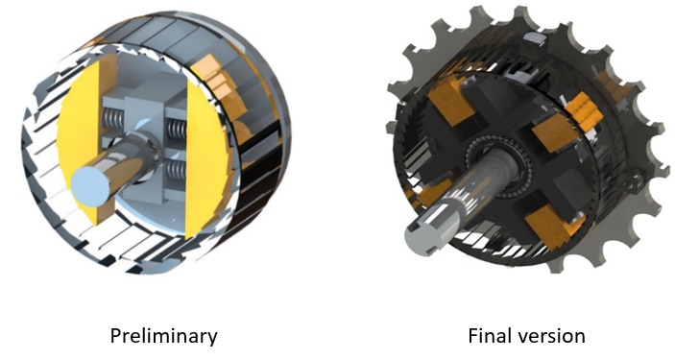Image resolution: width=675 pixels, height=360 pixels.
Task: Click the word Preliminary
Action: (163, 336)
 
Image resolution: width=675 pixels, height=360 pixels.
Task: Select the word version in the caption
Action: (554, 336)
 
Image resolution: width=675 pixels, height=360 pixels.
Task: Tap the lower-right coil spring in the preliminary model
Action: (177, 173)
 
